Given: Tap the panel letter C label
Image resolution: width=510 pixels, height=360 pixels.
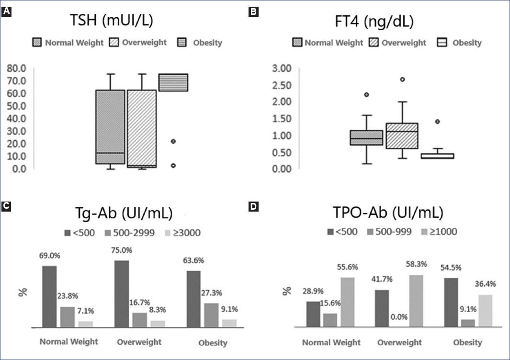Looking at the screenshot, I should (6, 206).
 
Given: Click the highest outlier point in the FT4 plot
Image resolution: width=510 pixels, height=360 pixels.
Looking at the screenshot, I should (403, 79).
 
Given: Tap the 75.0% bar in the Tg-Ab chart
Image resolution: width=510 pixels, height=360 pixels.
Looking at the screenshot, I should (122, 294).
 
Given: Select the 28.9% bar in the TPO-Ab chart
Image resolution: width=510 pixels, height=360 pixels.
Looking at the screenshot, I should (313, 314).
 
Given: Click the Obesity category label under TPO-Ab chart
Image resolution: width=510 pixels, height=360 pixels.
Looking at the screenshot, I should (467, 342).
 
